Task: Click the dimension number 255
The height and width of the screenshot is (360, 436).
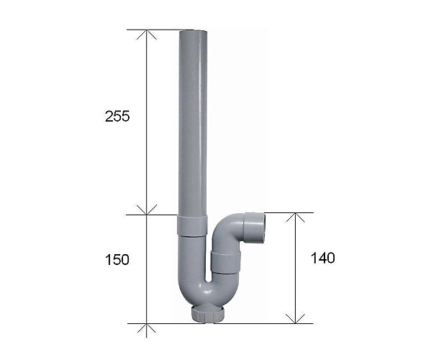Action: pos(117,117)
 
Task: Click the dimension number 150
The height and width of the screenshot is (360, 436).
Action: pos(117,260)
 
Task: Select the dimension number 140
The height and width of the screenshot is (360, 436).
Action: pos(322,258)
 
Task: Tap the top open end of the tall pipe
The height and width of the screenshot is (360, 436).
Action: pos(193,32)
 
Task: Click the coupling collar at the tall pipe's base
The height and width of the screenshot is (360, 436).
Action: pos(192,225)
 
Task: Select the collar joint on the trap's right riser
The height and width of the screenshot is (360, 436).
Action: pos(225,262)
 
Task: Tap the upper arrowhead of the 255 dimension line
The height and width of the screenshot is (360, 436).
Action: pos(147,35)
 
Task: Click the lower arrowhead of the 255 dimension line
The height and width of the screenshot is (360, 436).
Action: pos(147,210)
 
